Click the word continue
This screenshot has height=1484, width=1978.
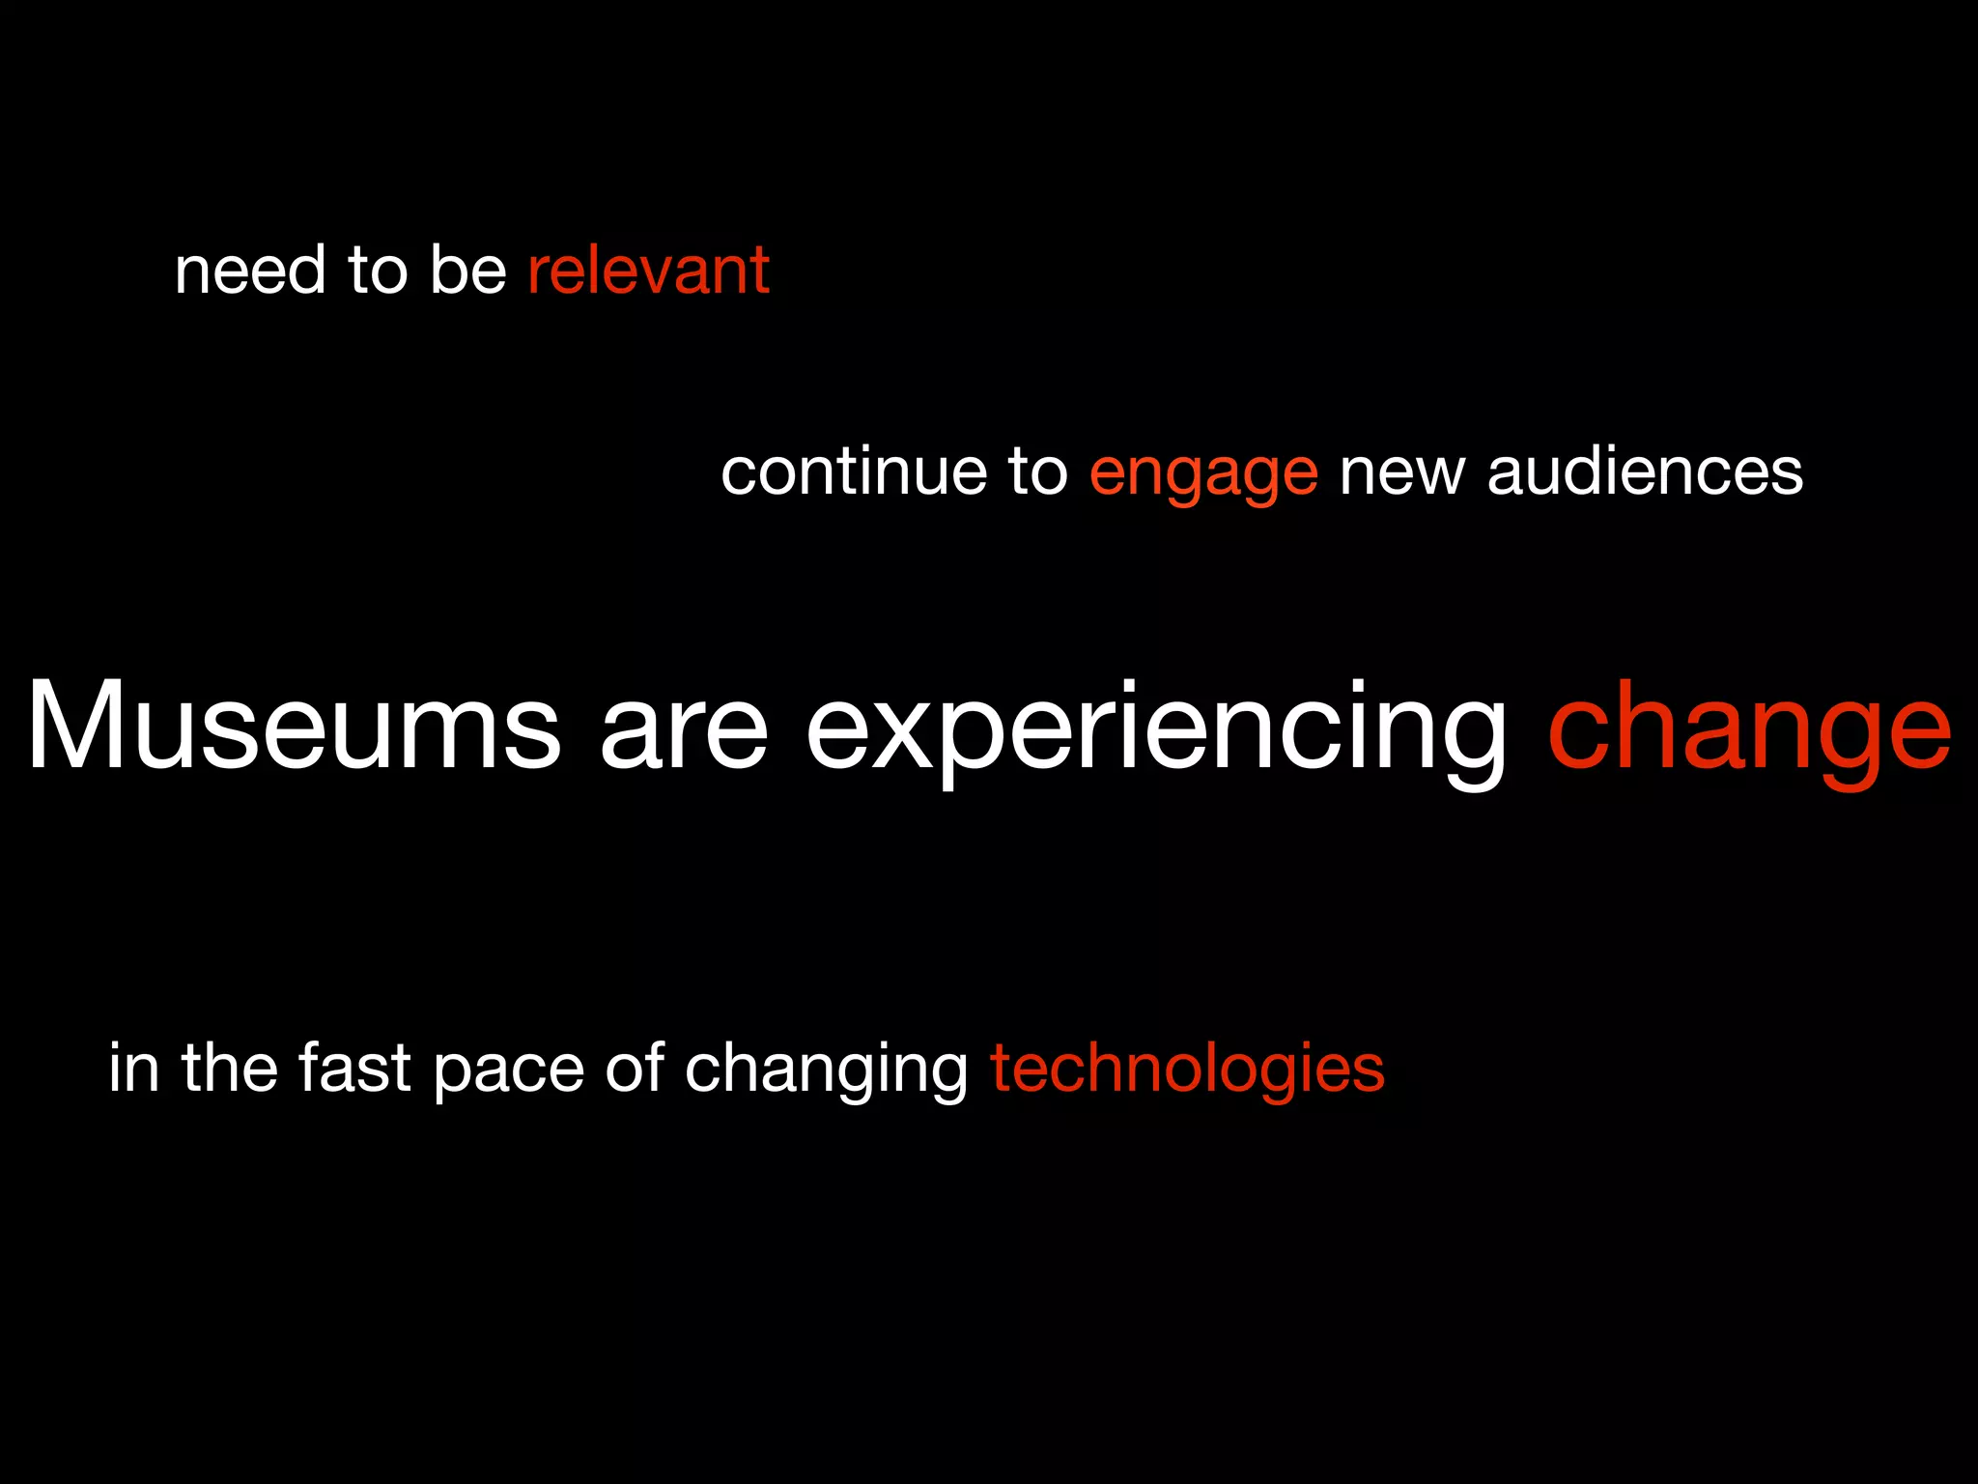[x=854, y=472]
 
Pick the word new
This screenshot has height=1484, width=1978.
[x=1401, y=474]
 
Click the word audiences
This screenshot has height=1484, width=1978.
[x=1645, y=472]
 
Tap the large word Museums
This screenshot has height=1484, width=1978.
[x=293, y=727]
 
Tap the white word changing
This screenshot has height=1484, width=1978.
[x=826, y=1070]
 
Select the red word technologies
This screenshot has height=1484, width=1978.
[x=1187, y=1070]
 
